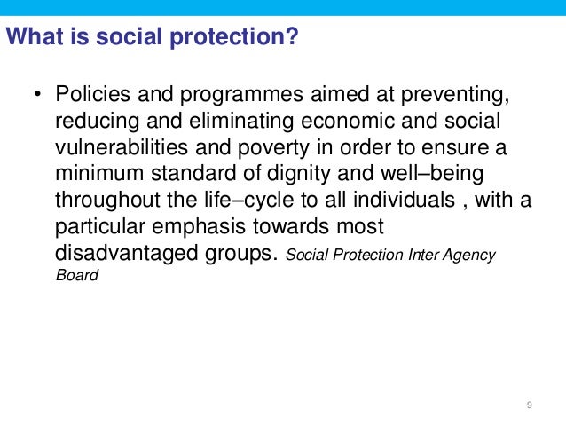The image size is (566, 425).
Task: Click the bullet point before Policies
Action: tap(38, 95)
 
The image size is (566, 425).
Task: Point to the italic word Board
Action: tap(76, 275)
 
